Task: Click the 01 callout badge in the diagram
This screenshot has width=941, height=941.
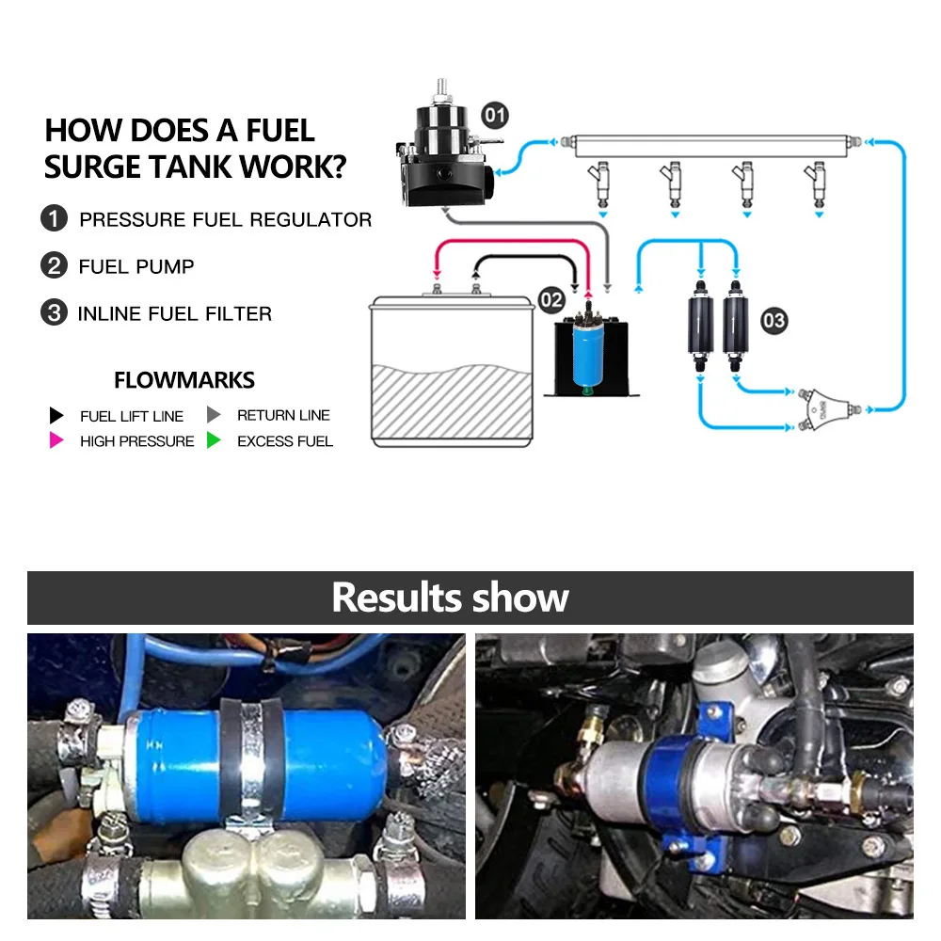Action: (x=495, y=115)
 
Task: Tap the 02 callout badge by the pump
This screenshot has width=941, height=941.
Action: (x=550, y=300)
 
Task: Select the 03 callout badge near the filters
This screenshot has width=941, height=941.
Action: (x=774, y=321)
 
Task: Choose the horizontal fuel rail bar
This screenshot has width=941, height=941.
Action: (x=711, y=146)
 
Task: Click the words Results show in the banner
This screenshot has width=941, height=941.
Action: (x=450, y=598)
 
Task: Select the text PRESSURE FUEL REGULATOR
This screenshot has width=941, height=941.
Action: (x=226, y=219)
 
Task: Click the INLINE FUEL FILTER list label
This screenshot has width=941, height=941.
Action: (x=175, y=313)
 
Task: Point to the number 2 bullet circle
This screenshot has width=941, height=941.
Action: (x=54, y=265)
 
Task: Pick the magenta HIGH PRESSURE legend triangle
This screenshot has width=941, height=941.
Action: (x=56, y=440)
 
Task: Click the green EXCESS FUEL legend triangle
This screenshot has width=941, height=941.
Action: (x=214, y=440)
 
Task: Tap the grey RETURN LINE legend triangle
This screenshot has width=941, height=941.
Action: (x=214, y=415)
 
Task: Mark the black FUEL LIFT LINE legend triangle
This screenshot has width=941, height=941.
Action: (x=56, y=415)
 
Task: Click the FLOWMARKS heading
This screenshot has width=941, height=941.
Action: (x=184, y=380)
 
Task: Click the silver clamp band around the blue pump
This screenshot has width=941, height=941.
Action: (x=252, y=759)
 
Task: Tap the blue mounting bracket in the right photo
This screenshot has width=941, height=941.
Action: (x=696, y=786)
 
